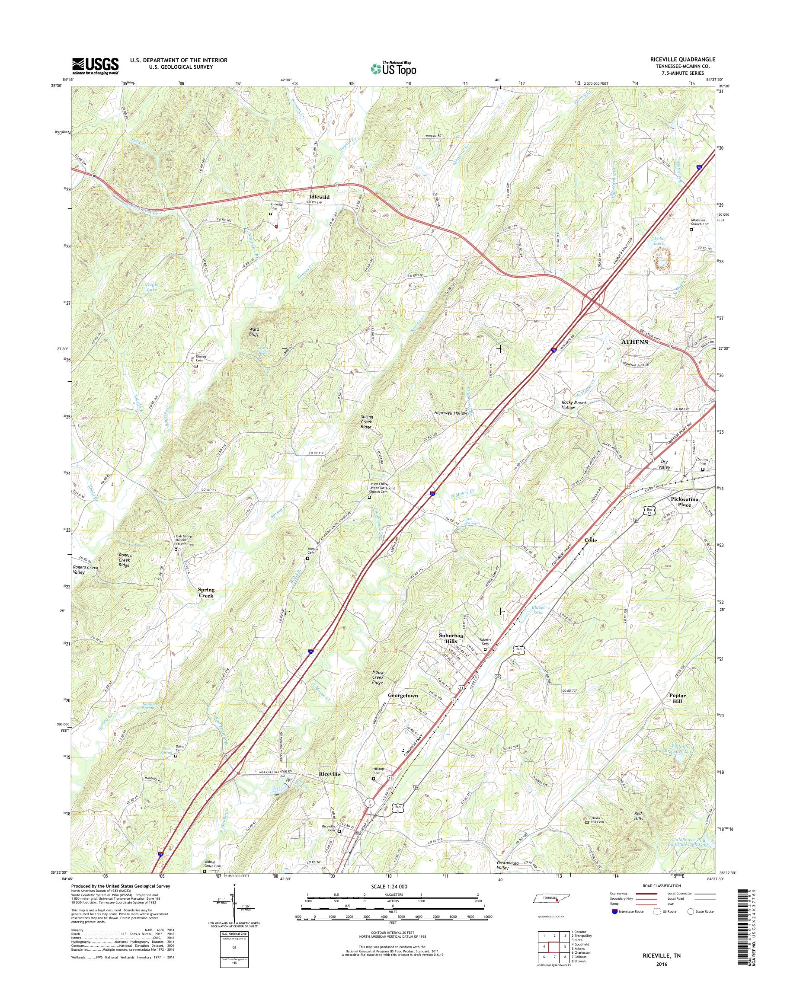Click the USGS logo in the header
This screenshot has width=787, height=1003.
click(96, 66)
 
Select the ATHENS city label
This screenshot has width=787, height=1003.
click(635, 342)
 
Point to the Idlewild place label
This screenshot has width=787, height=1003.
click(319, 197)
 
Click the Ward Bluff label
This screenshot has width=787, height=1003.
click(254, 332)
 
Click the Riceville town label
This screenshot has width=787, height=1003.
click(330, 774)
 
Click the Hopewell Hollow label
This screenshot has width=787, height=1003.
click(451, 413)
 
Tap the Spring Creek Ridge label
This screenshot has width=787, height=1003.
click(367, 422)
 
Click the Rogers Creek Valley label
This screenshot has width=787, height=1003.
click(85, 570)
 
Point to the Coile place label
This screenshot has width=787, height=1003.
click(591, 540)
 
